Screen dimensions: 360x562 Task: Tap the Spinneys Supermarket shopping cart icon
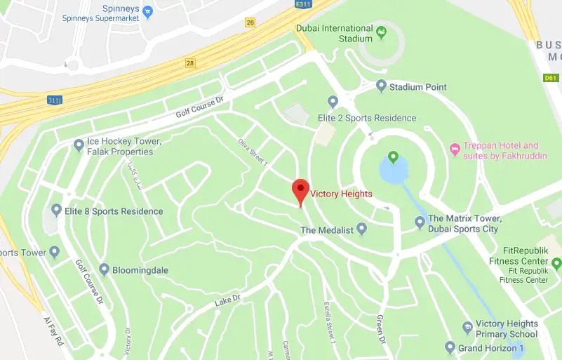click(147, 11)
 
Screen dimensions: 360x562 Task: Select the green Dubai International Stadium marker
click(381, 32)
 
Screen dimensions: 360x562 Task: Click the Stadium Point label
click(418, 87)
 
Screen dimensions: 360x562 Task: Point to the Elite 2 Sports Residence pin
click(333, 102)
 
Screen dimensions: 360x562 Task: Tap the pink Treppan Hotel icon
click(454, 149)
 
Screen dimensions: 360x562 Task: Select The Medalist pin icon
click(362, 229)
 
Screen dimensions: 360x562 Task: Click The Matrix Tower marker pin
click(420, 222)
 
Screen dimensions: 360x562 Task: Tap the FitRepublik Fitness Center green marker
click(557, 264)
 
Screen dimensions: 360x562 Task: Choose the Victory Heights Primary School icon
click(467, 328)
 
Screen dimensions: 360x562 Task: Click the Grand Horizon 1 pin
click(450, 347)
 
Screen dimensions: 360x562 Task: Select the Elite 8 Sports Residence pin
click(56, 210)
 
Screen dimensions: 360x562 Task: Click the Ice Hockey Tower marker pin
click(79, 145)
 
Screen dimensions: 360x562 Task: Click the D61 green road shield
click(551, 78)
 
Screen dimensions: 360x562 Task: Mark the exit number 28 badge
click(189, 64)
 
